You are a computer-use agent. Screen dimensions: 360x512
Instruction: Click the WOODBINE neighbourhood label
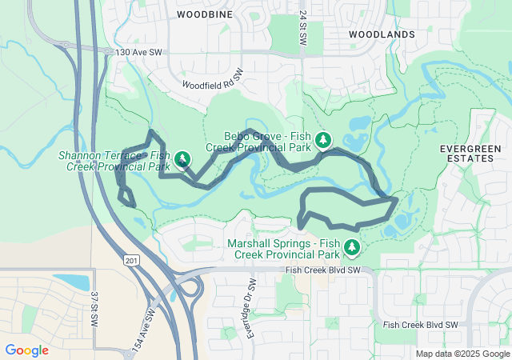204,14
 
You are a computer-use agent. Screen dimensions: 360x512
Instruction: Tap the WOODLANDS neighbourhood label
382,34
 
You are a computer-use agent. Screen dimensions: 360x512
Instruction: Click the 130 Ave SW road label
139,52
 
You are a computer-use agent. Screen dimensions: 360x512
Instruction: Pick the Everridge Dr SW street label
250,308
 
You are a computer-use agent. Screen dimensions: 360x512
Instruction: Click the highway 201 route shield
130,261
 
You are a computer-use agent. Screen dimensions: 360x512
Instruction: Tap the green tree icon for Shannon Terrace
183,159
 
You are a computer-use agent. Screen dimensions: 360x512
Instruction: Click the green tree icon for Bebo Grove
322,140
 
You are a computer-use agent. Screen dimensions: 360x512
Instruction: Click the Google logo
26,350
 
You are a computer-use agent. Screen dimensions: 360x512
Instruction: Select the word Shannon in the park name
78,155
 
